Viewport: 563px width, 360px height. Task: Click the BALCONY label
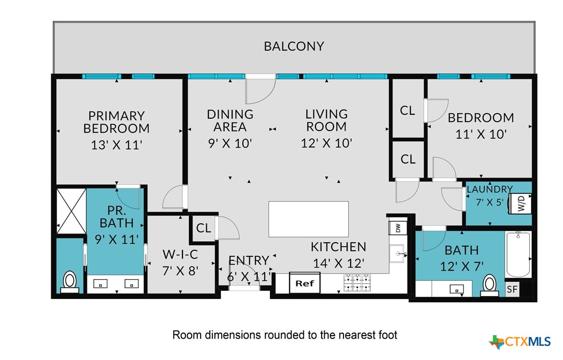point(294,46)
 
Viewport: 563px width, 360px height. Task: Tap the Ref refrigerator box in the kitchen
point(304,283)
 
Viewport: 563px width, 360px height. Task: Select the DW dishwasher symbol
point(398,228)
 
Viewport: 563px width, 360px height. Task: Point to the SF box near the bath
point(512,289)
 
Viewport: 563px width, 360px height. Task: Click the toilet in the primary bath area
point(70,282)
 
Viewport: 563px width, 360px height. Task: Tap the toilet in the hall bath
point(489,286)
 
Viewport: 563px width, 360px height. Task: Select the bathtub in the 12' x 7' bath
point(518,254)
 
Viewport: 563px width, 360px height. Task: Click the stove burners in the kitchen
point(357,283)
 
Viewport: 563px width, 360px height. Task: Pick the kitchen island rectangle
point(308,219)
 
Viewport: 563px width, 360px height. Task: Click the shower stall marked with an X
point(72,211)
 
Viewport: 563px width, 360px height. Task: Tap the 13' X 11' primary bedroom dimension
point(116,145)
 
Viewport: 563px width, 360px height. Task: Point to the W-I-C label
point(180,254)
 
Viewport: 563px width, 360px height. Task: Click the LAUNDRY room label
point(489,189)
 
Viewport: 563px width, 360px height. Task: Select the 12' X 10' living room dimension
point(326,143)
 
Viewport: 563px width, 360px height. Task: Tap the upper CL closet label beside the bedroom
point(408,111)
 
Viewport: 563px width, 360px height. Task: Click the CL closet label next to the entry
point(204,228)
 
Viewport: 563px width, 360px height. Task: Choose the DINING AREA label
point(230,121)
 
